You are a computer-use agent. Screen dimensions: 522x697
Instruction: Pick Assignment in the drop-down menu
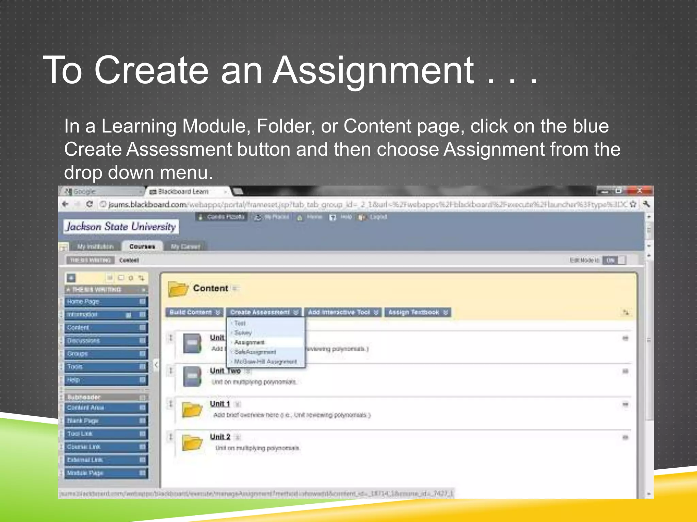click(249, 342)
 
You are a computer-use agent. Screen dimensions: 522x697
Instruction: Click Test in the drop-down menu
click(240, 323)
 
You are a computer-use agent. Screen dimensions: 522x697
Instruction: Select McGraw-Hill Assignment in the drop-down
click(265, 362)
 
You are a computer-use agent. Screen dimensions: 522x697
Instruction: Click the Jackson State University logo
click(121, 227)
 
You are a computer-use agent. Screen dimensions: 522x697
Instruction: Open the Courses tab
click(142, 246)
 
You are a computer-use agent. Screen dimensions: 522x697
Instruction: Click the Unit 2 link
click(220, 437)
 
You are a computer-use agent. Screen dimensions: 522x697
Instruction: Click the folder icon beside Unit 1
click(192, 410)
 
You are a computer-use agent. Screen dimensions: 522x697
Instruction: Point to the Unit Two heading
click(225, 371)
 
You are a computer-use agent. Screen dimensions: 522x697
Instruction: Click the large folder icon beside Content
click(178, 289)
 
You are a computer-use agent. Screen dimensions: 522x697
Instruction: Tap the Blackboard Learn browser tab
click(184, 192)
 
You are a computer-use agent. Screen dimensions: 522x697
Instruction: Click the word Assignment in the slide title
click(373, 70)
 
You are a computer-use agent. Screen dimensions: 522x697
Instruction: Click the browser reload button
click(90, 204)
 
